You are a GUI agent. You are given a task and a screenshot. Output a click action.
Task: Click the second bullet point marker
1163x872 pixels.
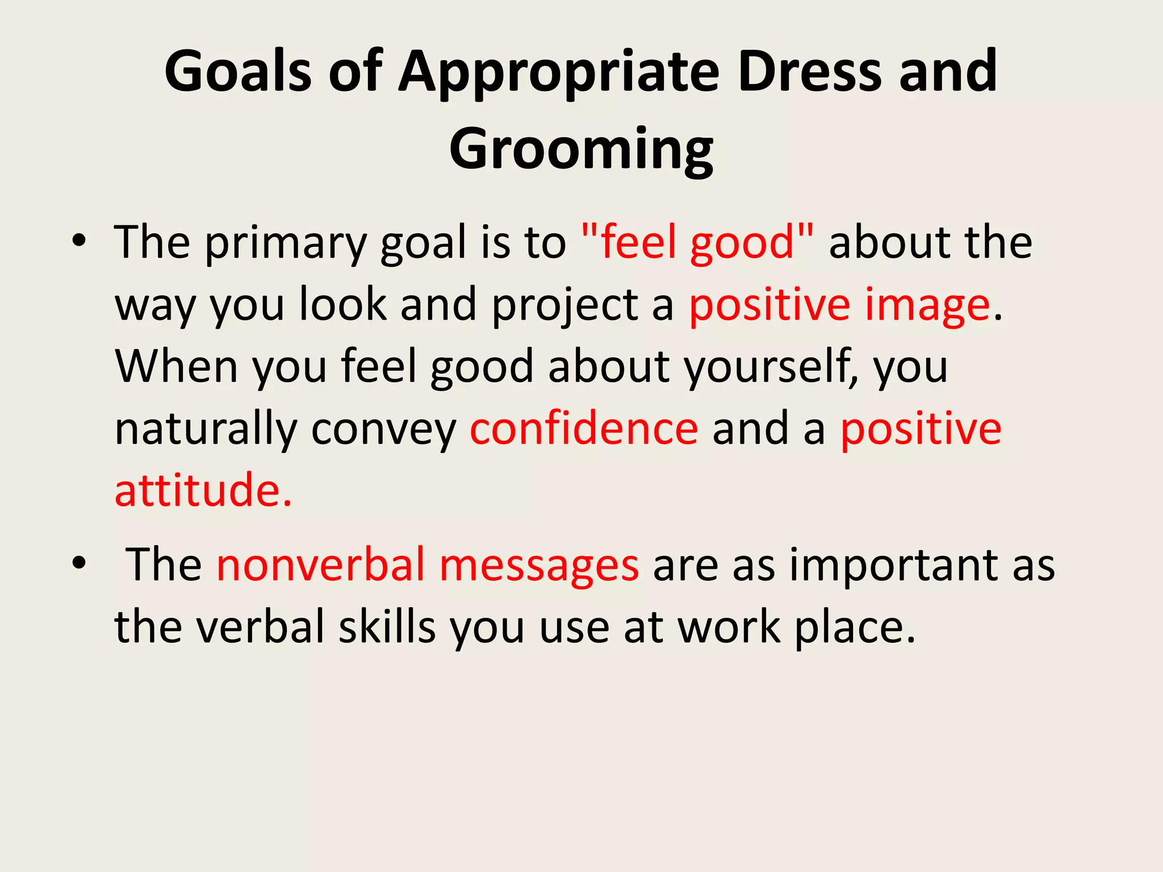click(79, 564)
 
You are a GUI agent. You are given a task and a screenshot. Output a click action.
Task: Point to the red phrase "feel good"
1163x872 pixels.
click(698, 242)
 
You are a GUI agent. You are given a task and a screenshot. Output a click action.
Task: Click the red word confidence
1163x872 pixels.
click(584, 429)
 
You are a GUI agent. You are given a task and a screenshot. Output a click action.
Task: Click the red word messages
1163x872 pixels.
click(539, 567)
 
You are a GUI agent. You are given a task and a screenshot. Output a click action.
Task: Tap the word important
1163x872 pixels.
click(894, 567)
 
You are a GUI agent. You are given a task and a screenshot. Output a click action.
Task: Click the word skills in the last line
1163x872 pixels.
click(387, 627)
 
